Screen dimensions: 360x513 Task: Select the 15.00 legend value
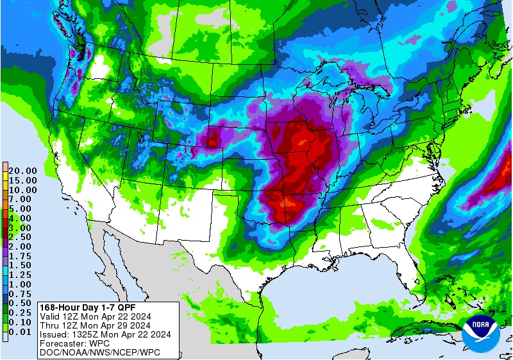tap(22, 181)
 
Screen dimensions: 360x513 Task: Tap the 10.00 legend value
tap(22, 190)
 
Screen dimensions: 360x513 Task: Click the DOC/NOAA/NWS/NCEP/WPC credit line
tap(99, 352)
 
